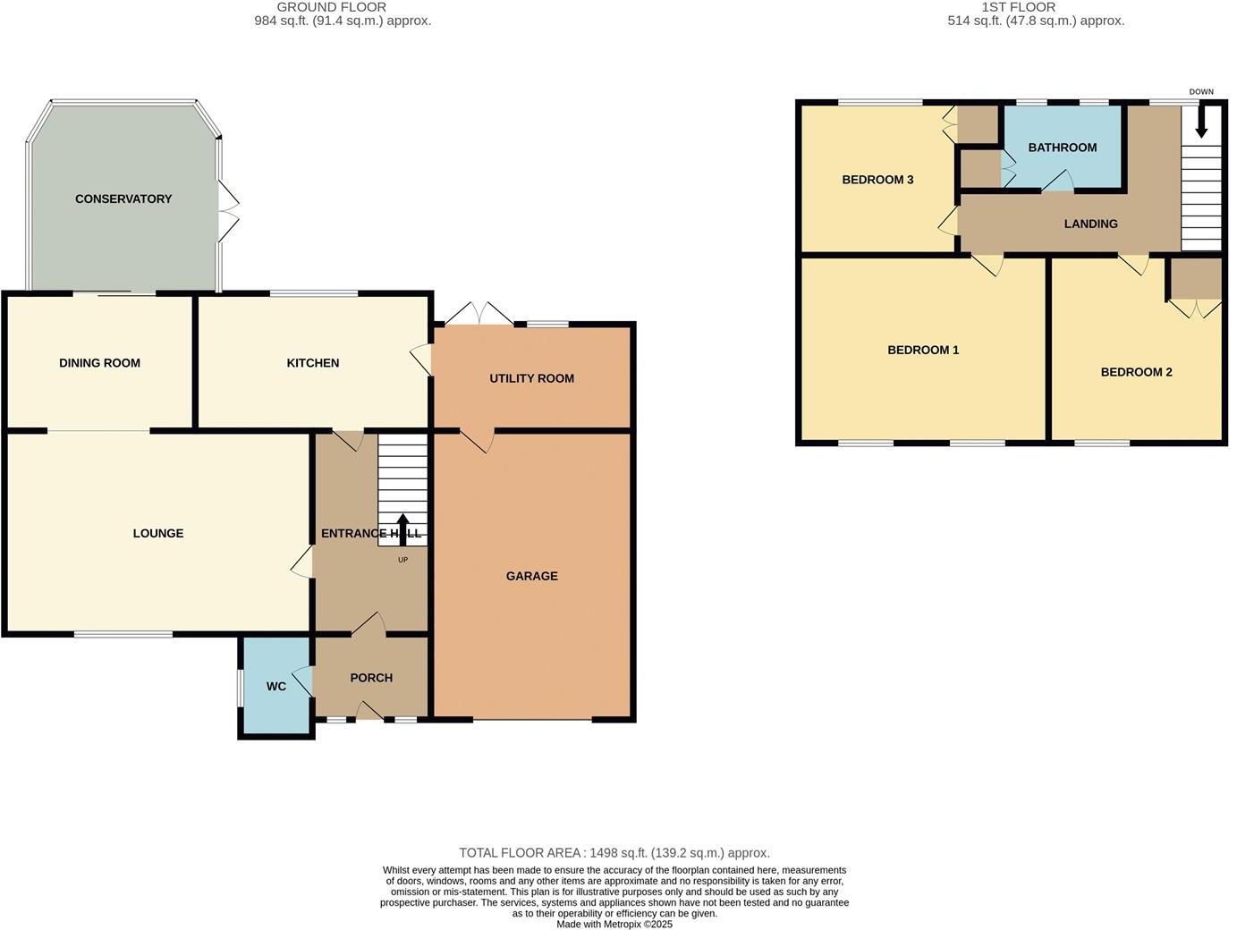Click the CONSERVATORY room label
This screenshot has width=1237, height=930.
point(123,199)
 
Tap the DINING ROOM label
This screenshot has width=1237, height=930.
point(99,363)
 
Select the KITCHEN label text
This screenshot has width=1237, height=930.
point(312,363)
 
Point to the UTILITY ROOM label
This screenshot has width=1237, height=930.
point(531,378)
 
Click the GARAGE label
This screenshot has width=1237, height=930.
point(531,576)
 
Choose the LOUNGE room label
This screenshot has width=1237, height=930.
point(158,533)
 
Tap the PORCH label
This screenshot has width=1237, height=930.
point(371,678)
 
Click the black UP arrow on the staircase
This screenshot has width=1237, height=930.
point(402,528)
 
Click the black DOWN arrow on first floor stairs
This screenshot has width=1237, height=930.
point(1201,120)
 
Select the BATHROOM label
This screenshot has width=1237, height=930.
point(1062,148)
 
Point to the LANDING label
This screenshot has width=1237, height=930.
point(1090,224)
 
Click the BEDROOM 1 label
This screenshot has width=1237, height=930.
point(923,350)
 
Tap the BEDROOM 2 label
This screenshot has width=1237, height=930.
point(1136,372)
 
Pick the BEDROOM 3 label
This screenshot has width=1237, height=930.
point(877,180)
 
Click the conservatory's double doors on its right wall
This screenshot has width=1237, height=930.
point(228,212)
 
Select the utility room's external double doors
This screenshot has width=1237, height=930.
point(480,315)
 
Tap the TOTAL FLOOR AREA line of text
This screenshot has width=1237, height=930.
point(614,853)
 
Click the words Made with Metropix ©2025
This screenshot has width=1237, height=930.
point(614,925)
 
